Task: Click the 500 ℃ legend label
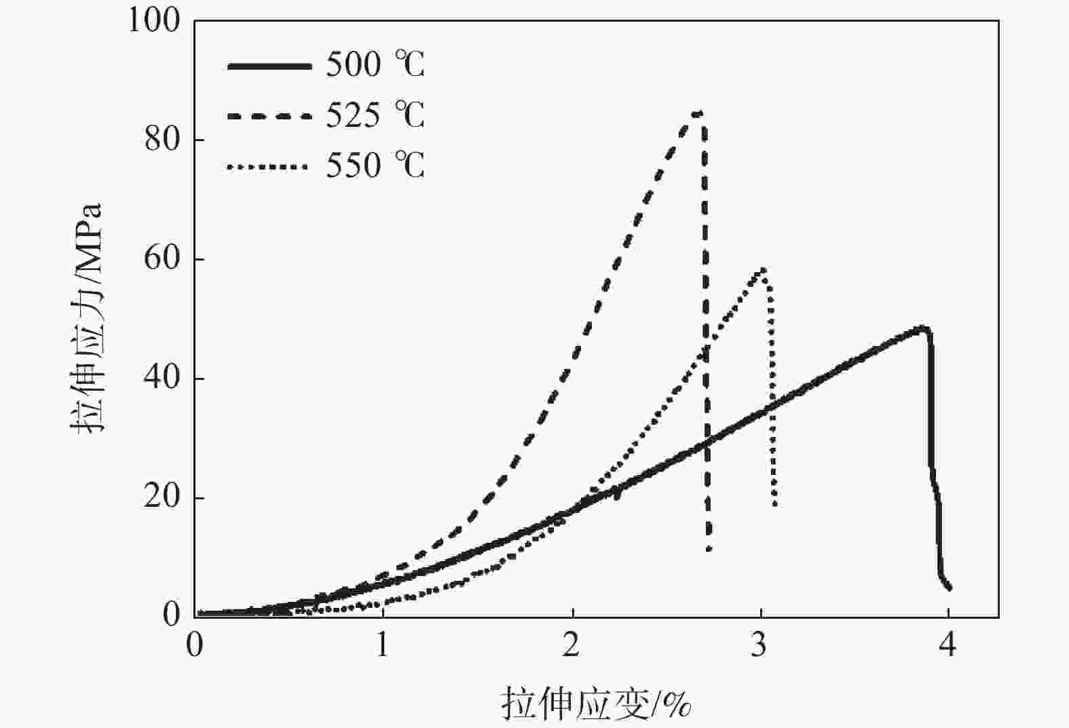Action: (x=375, y=65)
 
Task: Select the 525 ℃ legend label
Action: (x=375, y=115)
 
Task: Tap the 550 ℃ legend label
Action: (x=375, y=166)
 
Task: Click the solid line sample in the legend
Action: (x=269, y=66)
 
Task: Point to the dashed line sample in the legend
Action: (x=269, y=116)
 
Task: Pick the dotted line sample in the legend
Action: (x=269, y=166)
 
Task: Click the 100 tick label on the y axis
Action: (x=154, y=21)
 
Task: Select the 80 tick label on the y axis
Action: (x=162, y=140)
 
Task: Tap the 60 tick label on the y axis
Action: (x=162, y=259)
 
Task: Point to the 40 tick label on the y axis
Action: (x=162, y=378)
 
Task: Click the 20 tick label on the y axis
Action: (x=162, y=497)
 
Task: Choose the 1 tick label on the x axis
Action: (x=383, y=645)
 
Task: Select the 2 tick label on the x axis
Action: (x=571, y=645)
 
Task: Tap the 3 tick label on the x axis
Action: (x=760, y=645)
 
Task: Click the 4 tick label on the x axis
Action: (x=948, y=645)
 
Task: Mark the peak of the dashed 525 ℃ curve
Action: (x=697, y=113)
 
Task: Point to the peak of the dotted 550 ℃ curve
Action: (x=764, y=269)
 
